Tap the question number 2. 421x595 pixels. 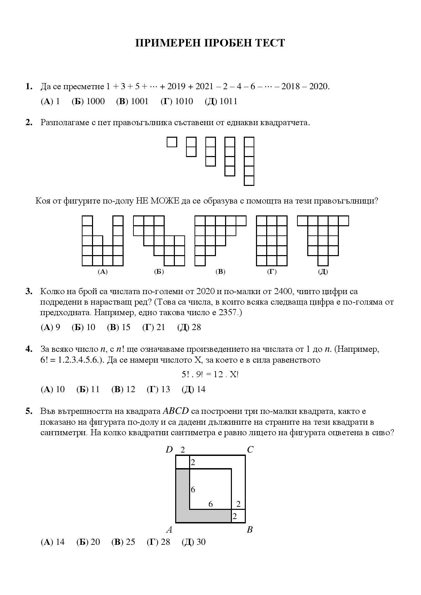(x=29, y=122)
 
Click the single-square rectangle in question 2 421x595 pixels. (x=172, y=142)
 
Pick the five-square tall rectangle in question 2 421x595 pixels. (x=249, y=161)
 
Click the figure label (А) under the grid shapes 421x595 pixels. (x=102, y=271)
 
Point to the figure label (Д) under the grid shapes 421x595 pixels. (x=323, y=271)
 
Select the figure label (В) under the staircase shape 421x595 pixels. (x=220, y=271)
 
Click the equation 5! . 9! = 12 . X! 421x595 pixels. (x=210, y=375)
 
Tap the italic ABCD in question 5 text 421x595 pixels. (x=176, y=411)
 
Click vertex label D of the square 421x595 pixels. (x=169, y=450)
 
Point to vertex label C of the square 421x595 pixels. (x=250, y=450)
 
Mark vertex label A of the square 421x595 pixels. (x=169, y=530)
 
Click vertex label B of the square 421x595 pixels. (x=250, y=530)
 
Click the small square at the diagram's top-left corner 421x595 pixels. (x=183, y=462)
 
